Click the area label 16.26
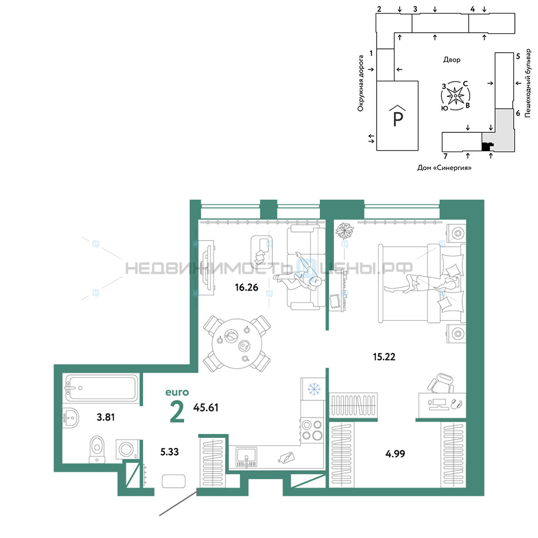pos(246,287)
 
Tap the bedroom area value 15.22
pos(384,357)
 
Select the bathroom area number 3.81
pos(105,417)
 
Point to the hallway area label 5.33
pos(169,452)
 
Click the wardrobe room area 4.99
pos(395,454)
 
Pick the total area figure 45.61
pos(206,408)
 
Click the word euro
pos(177,392)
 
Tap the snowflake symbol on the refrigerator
pos(314,389)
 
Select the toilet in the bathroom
pos(97,449)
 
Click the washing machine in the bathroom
pos(128,449)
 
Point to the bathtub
pos(102,388)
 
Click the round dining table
pos(237,344)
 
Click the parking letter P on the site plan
pos(398,119)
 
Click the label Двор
pos(452,60)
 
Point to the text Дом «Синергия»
pos(444,168)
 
